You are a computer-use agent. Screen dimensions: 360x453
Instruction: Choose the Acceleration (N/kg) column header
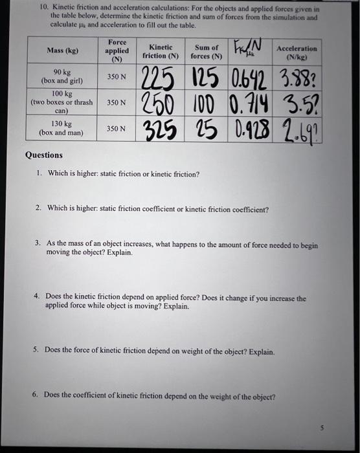pos(297,52)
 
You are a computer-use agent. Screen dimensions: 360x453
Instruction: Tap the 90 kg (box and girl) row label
pos(60,76)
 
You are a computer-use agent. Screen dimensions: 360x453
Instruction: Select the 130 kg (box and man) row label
pos(60,127)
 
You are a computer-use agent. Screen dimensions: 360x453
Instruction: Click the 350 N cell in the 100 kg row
pos(116,102)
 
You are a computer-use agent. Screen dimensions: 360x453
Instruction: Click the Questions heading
pos(44,155)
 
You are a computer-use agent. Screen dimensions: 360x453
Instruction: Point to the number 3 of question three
pos(38,243)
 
